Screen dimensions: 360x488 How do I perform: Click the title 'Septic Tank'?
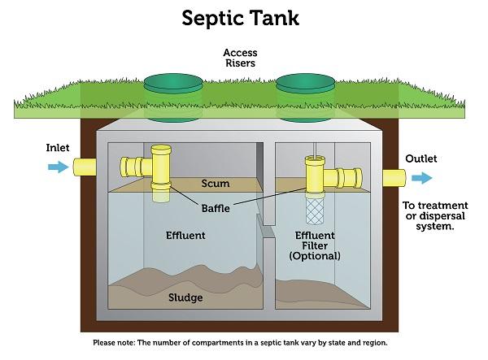point(240,18)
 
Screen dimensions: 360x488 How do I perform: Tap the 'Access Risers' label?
point(240,59)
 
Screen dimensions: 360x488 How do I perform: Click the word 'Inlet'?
point(58,149)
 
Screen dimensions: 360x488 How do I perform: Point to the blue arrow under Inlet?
point(59,167)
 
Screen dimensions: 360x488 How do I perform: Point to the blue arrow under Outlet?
point(421,178)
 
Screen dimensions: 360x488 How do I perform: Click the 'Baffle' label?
point(216,208)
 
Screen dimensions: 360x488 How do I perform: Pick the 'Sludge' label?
point(185,297)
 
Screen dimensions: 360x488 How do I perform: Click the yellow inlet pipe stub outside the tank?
point(85,167)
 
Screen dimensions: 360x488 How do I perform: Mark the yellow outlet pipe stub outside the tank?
point(394,177)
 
